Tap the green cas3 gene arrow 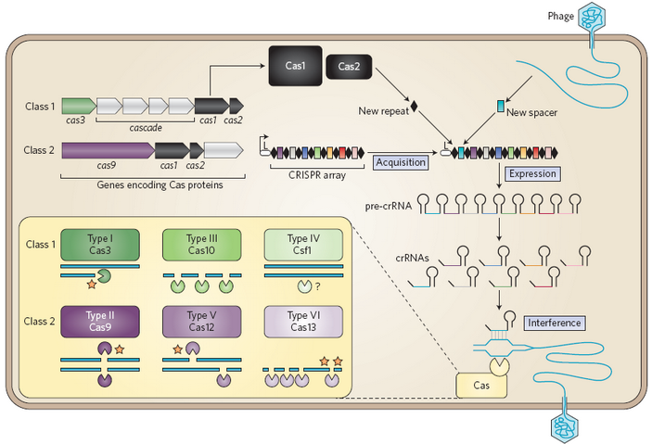pos(78,106)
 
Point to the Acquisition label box pos(402,162)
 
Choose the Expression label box pos(532,172)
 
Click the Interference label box pos(555,323)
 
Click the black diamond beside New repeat pos(415,108)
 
